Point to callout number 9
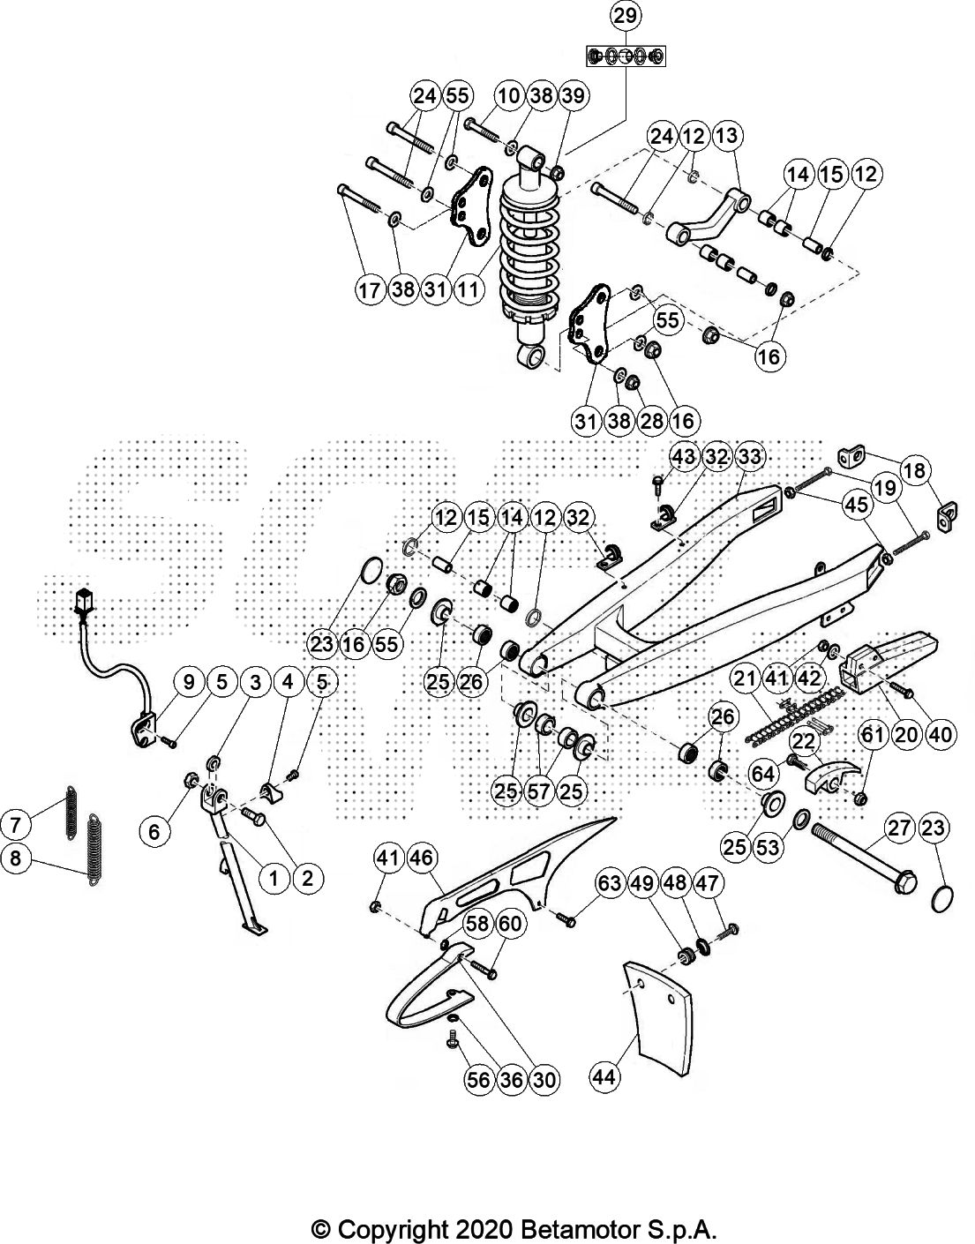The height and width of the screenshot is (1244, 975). click(188, 682)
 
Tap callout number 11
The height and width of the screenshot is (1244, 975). click(469, 289)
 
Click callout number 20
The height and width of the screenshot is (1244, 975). click(906, 734)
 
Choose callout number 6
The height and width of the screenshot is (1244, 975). click(154, 831)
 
